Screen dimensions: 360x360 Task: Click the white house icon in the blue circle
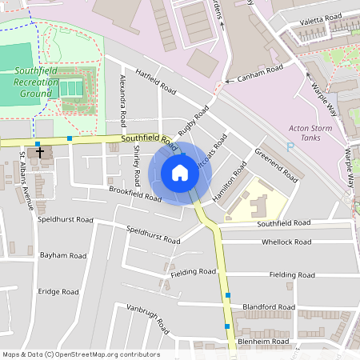[x=180, y=173]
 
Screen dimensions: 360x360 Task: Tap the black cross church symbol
[x=40, y=151]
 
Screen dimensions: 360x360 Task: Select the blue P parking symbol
[x=290, y=146]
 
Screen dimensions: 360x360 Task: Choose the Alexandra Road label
[x=123, y=101]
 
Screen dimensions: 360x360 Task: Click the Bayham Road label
[x=63, y=255]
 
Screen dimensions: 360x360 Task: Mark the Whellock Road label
[x=286, y=242]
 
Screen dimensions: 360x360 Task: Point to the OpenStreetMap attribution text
[x=80, y=354]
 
